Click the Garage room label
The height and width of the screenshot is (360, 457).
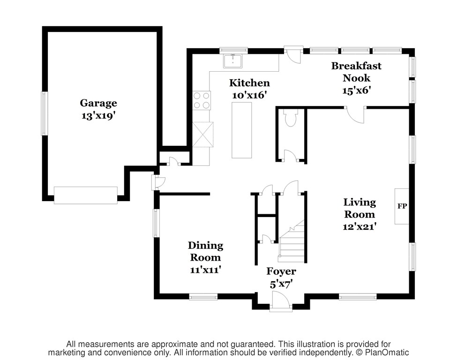click(x=98, y=103)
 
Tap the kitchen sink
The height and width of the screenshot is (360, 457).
click(x=232, y=61)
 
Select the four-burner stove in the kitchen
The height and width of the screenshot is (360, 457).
click(x=202, y=100)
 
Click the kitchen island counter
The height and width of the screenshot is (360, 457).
click(x=241, y=130)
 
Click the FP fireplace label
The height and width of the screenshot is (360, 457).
click(x=402, y=206)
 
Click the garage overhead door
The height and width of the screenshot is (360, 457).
click(x=86, y=195)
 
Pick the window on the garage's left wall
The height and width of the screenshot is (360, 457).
click(x=45, y=113)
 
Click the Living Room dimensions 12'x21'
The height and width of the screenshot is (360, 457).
click(x=360, y=226)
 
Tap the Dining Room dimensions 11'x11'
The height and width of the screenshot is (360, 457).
click(x=205, y=270)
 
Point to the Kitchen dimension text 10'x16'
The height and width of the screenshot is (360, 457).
click(x=249, y=95)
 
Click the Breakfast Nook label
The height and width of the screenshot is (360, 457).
click(x=356, y=72)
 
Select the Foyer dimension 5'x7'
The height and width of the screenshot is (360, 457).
click(x=281, y=284)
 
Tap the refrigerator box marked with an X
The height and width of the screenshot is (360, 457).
click(x=203, y=134)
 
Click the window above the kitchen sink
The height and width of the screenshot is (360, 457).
click(x=233, y=51)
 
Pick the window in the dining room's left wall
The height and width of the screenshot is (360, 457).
click(x=157, y=223)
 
